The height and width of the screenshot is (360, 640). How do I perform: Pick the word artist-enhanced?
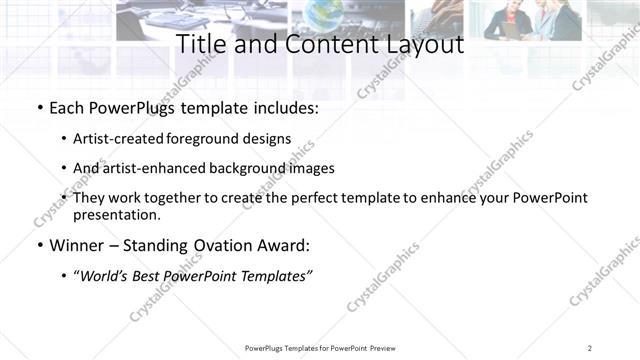pos(155,168)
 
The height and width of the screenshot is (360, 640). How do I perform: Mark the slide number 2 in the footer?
pos(590,348)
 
